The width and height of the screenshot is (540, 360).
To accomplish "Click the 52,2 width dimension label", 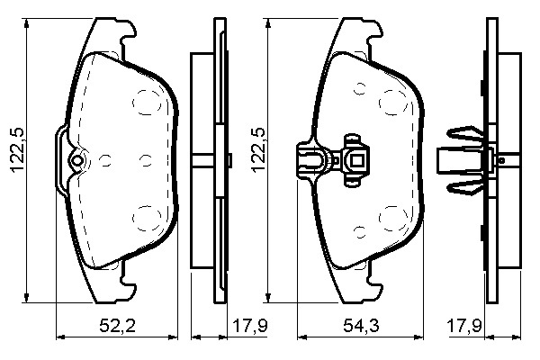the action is [117, 325].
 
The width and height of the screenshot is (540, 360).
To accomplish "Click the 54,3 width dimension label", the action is [361, 325].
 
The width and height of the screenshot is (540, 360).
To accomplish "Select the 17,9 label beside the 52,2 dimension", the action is [250, 325].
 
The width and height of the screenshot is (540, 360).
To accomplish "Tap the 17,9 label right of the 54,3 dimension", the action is [463, 325].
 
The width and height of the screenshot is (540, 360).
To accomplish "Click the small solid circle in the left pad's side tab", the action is [76, 160].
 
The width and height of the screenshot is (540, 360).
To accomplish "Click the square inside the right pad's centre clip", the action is [356, 160].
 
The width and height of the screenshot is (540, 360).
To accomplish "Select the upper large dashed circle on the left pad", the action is [147, 102].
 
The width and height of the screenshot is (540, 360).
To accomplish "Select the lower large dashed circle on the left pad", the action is [147, 219].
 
